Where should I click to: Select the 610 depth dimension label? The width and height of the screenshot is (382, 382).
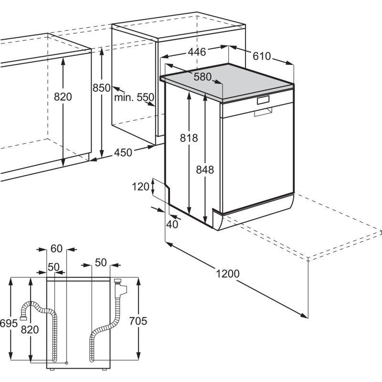(x=261, y=56)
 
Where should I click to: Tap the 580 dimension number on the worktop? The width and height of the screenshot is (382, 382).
(x=202, y=76)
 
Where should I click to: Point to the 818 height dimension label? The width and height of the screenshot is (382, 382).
(x=189, y=138)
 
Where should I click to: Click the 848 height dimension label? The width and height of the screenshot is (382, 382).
(x=204, y=170)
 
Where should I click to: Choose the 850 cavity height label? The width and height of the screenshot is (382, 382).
(x=101, y=88)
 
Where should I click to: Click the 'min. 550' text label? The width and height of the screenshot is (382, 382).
(x=134, y=97)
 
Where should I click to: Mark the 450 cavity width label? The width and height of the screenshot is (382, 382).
(x=123, y=153)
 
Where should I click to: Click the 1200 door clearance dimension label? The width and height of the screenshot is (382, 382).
(x=227, y=274)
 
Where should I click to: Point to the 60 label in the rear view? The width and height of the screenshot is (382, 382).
(x=56, y=248)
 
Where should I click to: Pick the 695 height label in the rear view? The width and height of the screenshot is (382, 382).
(x=8, y=323)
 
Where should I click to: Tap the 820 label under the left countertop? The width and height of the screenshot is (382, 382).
(x=63, y=97)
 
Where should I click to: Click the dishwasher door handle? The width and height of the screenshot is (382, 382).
(x=263, y=100)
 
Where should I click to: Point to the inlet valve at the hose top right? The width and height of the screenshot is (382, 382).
(x=121, y=287)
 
